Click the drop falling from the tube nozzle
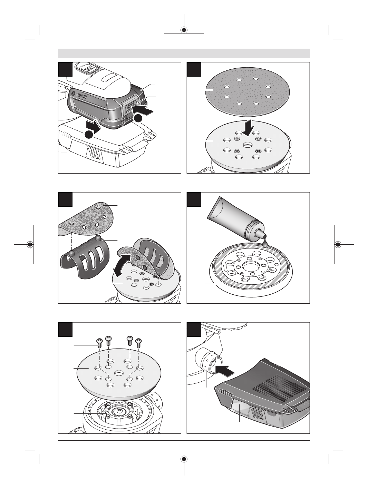265,244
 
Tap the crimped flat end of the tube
213,208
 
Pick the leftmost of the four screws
99,349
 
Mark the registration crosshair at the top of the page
184,30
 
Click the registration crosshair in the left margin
30,244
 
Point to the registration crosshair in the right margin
338,244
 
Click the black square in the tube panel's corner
194,199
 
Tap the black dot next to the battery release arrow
138,118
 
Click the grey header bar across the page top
184,53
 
